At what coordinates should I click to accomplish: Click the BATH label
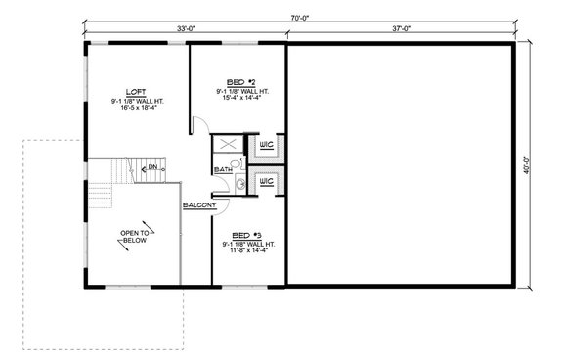coord(223,169)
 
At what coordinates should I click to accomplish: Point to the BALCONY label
coord(199,205)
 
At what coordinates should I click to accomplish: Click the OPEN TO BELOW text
coord(135,237)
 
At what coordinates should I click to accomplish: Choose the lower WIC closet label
coord(265,183)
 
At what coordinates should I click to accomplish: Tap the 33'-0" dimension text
coord(185,29)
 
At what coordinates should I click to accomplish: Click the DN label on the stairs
coord(152,167)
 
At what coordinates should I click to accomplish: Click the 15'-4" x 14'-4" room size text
coord(241,99)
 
